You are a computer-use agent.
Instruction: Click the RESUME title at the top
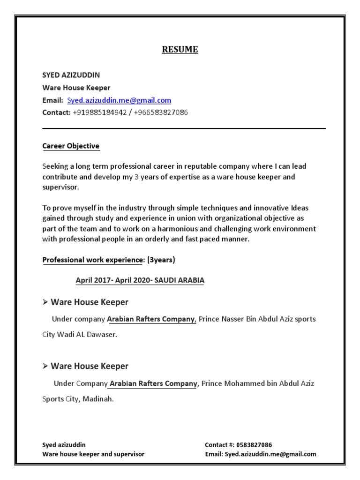point(180,50)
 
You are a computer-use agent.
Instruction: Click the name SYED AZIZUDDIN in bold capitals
point(71,75)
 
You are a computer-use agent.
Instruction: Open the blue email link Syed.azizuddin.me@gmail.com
point(119,100)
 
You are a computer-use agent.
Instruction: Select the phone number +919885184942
point(100,112)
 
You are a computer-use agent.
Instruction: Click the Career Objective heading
point(71,146)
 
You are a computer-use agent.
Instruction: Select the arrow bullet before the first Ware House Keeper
point(45,302)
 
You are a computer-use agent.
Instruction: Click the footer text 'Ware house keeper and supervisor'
point(93,454)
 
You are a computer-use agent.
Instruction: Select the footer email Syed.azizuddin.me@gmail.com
point(270,454)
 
